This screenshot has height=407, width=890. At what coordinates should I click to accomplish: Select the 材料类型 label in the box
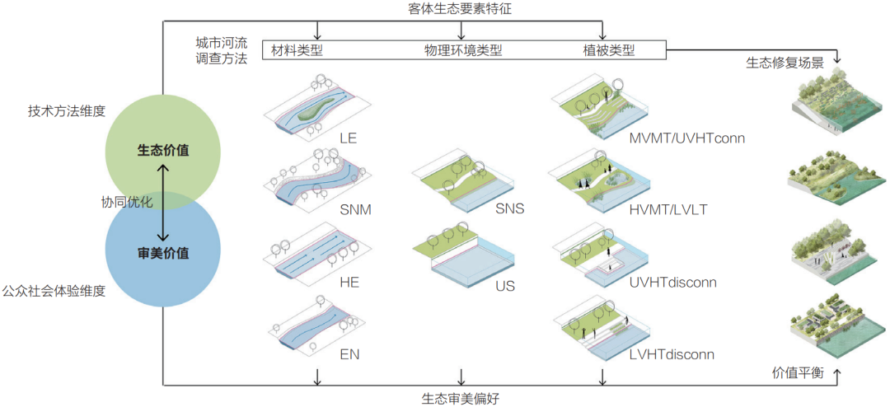point(297,51)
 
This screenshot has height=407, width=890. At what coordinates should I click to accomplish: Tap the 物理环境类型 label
point(462,51)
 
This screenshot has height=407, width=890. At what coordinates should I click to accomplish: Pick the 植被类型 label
point(608,51)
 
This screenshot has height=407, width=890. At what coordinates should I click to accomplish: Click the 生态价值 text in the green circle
point(163,151)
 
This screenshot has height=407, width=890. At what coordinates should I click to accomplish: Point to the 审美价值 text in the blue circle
point(163,253)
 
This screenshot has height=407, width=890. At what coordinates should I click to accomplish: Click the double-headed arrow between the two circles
point(164,202)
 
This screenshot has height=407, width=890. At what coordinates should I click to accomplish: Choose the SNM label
point(355,209)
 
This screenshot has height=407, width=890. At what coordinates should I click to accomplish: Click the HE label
point(349,282)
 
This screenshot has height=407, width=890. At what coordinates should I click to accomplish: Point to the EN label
point(349,354)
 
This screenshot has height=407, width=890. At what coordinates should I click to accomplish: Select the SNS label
point(509,209)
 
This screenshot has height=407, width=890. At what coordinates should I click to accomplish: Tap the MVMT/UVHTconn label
point(686,138)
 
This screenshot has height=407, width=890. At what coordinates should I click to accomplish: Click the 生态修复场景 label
point(785,63)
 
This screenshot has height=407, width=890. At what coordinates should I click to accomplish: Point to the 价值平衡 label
point(798,372)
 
